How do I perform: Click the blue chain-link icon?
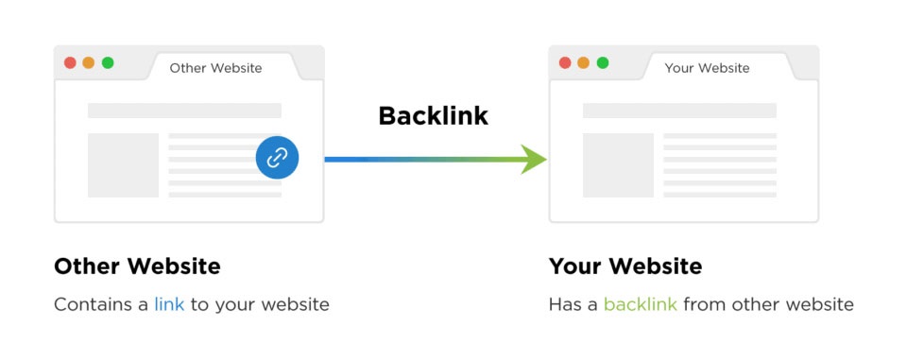click(277, 158)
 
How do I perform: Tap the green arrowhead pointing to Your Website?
click(534, 159)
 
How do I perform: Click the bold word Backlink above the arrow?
click(433, 116)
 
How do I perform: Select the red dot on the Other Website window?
click(70, 63)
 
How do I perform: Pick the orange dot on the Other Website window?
click(89, 63)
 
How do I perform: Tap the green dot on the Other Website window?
click(108, 63)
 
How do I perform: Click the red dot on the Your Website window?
click(565, 63)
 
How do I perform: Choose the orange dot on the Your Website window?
click(584, 63)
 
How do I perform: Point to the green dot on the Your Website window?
click(603, 63)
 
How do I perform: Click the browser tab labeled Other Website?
click(215, 68)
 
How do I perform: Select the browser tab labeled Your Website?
click(707, 68)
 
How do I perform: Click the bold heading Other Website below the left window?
click(137, 266)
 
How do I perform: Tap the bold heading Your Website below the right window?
click(625, 266)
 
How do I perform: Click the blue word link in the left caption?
click(169, 305)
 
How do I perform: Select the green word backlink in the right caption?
click(640, 305)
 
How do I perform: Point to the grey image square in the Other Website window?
click(123, 165)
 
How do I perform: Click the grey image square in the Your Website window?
click(618, 165)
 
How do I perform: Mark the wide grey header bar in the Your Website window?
click(679, 111)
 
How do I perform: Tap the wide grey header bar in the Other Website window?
click(184, 111)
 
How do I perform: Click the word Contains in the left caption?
click(92, 305)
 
